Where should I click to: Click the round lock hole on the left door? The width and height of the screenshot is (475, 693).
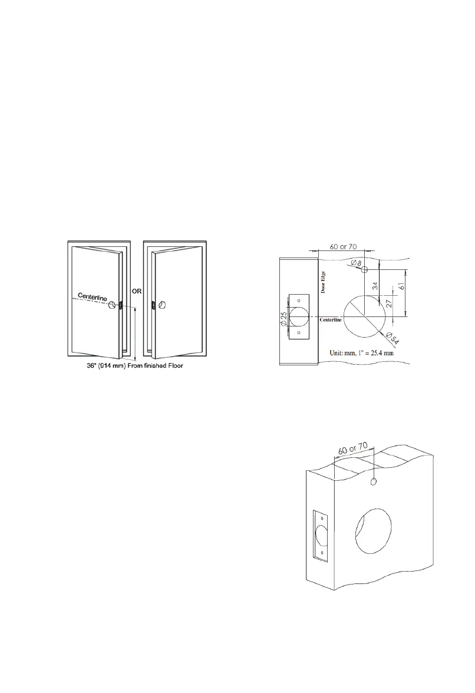(x=111, y=304)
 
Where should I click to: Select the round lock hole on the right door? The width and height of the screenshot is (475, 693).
(x=164, y=305)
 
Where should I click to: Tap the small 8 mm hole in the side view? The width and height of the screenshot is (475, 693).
(x=365, y=269)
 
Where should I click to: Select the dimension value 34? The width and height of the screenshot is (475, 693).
(x=375, y=286)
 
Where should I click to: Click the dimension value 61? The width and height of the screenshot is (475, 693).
(x=401, y=286)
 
